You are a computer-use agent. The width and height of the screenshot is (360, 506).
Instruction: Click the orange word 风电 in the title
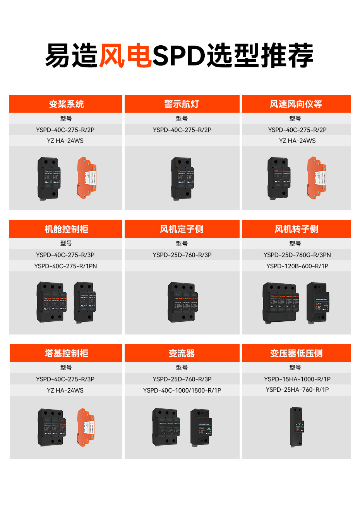pyautogui.click(x=125, y=55)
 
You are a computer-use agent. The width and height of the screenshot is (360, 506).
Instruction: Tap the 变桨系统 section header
pyautogui.click(x=66, y=104)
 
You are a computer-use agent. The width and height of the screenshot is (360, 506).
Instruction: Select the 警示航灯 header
pyautogui.click(x=182, y=104)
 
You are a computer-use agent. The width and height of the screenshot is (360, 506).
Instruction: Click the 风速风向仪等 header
pyautogui.click(x=296, y=104)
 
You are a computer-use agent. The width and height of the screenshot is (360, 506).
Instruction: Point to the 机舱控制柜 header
pyautogui.click(x=66, y=229)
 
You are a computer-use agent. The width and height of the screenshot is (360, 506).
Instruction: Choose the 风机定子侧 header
pyautogui.click(x=182, y=229)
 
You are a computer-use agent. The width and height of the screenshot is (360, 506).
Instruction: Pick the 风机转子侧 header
pyautogui.click(x=296, y=229)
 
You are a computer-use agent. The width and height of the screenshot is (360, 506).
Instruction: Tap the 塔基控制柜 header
pyautogui.click(x=66, y=353)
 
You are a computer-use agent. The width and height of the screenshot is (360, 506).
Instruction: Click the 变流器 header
pyautogui.click(x=182, y=353)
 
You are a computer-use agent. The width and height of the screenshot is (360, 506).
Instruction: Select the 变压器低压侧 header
pyautogui.click(x=296, y=353)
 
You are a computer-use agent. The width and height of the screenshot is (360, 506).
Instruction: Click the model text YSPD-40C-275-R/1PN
pyautogui.click(x=65, y=266)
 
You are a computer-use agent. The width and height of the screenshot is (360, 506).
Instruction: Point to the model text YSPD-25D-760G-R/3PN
pyautogui.click(x=297, y=255)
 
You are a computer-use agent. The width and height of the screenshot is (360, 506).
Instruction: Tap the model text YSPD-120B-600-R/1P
pyautogui.click(x=297, y=266)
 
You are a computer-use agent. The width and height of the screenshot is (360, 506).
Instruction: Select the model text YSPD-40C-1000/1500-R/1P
pyautogui.click(x=182, y=390)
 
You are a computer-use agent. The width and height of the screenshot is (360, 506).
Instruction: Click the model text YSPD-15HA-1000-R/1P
pyautogui.click(x=297, y=379)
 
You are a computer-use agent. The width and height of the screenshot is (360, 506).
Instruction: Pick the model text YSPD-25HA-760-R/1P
pyautogui.click(x=297, y=390)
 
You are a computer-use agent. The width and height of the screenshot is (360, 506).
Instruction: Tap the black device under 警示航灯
pyautogui.click(x=182, y=178)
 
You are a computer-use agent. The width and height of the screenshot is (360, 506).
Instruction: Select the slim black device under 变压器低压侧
pyautogui.click(x=297, y=427)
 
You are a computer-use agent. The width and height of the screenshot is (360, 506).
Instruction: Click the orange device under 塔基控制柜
pyautogui.click(x=86, y=426)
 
